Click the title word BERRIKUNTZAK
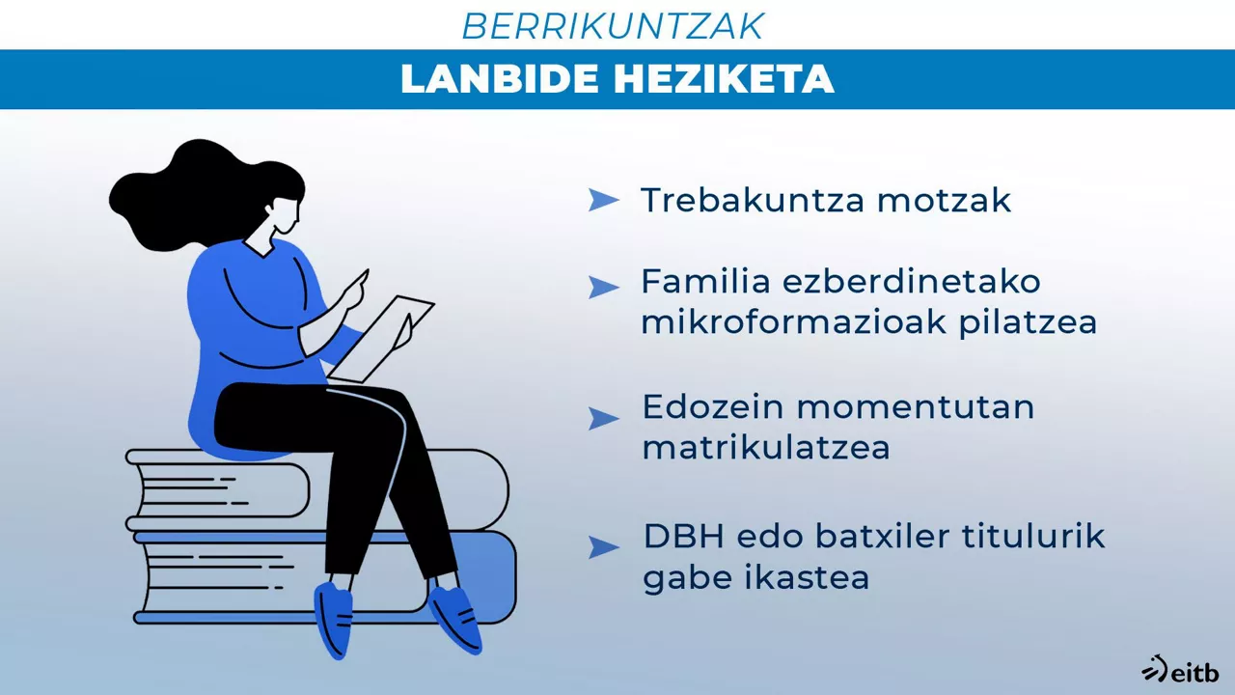click(x=613, y=26)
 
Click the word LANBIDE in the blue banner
click(x=500, y=80)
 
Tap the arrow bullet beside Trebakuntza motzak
click(x=603, y=200)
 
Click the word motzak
click(x=944, y=200)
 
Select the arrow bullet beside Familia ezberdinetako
click(x=603, y=287)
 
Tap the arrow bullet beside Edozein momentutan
click(x=603, y=418)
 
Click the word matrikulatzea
click(x=765, y=449)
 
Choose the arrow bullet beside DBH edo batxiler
click(x=603, y=547)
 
